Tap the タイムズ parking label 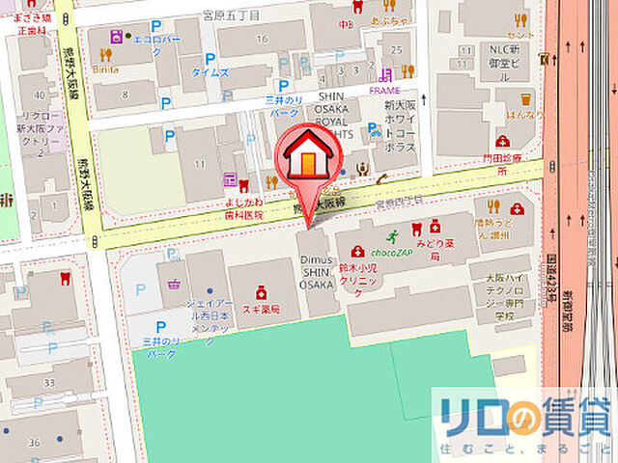[210, 72]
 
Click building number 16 [262, 39]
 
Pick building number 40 [40, 95]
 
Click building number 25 [395, 48]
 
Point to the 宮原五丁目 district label [231, 15]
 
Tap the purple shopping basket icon [176, 286]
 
